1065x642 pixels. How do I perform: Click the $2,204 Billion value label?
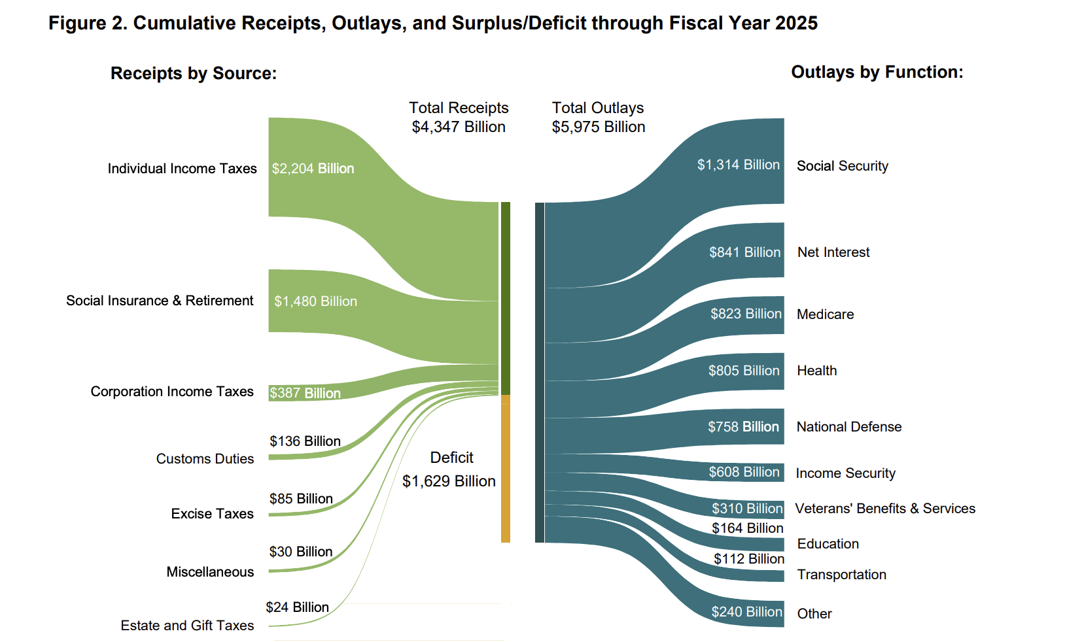pos(313,169)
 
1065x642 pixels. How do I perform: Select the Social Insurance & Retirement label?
pos(160,301)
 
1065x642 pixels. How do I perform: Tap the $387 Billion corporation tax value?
pos(305,393)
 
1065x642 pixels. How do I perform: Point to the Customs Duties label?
pos(205,459)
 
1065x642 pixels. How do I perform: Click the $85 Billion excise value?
pos(301,499)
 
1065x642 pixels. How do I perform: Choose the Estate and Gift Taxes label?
pos(187,626)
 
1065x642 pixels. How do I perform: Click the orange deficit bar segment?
pos(506,471)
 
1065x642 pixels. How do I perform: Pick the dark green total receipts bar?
pos(506,297)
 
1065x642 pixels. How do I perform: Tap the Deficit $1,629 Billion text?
pos(449,469)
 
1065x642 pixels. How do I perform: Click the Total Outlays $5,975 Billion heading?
pos(598,117)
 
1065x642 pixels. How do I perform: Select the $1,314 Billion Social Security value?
pos(738,165)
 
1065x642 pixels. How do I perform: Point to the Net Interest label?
pos(833,252)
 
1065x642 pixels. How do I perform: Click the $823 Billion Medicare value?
pos(746,314)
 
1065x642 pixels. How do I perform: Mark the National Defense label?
pos(848,427)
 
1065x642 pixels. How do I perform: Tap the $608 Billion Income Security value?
pos(744,472)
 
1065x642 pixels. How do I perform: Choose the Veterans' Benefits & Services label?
pos(884,509)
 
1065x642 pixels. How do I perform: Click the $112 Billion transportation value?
pos(748,559)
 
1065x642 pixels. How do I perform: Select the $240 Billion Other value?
pos(746,612)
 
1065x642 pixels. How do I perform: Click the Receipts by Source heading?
pos(194,73)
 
